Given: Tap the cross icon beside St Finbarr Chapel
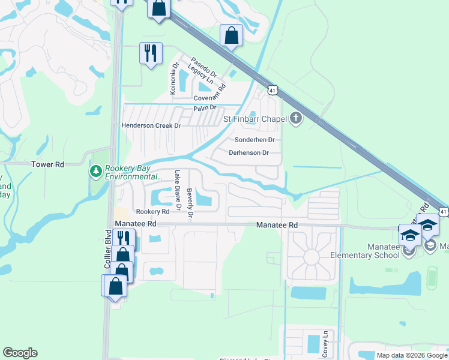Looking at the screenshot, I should pyautogui.click(x=295, y=118).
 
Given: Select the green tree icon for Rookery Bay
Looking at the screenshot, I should pyautogui.click(x=95, y=172).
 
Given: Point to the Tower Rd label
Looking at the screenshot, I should pyautogui.click(x=47, y=164).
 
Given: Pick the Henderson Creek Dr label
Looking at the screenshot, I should pyautogui.click(x=151, y=125).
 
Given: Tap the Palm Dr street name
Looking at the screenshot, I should pyautogui.click(x=204, y=109).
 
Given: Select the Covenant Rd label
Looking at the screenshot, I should pyautogui.click(x=209, y=97).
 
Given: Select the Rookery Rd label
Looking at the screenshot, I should pyautogui.click(x=152, y=212).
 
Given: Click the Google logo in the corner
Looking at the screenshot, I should pyautogui.click(x=20, y=353).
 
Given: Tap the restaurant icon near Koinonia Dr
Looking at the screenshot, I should pyautogui.click(x=150, y=53).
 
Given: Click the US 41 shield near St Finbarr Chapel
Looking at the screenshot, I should pyautogui.click(x=273, y=90).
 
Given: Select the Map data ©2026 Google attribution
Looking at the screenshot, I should pyautogui.click(x=411, y=355).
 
